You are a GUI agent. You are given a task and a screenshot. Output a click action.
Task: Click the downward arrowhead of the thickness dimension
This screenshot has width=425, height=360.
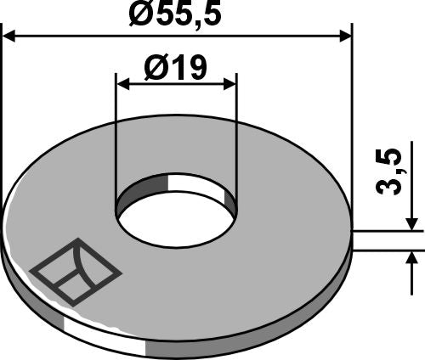[x=412, y=222]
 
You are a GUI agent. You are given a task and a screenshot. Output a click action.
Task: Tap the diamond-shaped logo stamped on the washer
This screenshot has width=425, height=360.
[x=76, y=270]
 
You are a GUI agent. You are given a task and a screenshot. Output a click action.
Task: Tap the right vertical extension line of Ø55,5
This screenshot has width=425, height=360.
[x=350, y=127]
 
